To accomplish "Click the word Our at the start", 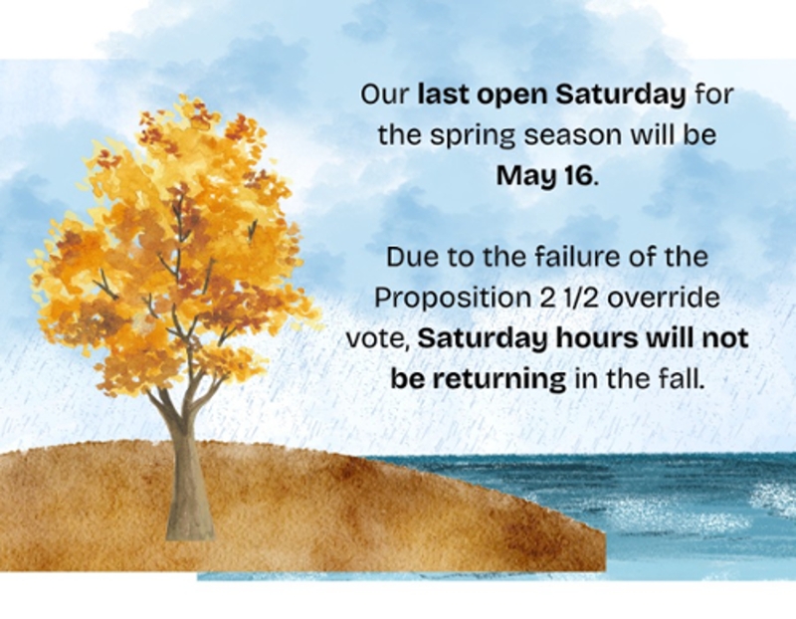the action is pyautogui.click(x=384, y=95).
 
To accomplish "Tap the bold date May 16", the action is pyautogui.click(x=544, y=176).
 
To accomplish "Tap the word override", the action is pyautogui.click(x=664, y=299).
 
